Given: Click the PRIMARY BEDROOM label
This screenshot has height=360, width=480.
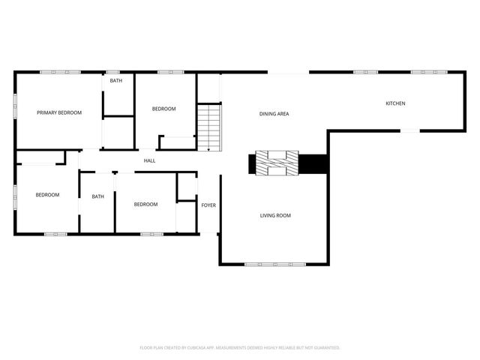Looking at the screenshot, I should (59, 112).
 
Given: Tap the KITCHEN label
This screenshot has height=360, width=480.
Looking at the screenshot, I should (395, 103).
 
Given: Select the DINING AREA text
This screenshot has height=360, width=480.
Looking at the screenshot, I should (274, 114).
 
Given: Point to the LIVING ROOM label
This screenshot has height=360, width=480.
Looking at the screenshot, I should (275, 216).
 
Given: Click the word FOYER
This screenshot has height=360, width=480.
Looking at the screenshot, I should (208, 205).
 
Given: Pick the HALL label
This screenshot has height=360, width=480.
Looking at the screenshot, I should (150, 160).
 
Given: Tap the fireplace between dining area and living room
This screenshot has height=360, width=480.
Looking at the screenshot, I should (277, 163).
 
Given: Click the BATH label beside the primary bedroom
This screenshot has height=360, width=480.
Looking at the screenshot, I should (116, 81).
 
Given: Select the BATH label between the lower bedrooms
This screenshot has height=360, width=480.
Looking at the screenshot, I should (98, 197).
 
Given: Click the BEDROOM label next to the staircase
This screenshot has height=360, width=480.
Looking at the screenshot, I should (163, 109).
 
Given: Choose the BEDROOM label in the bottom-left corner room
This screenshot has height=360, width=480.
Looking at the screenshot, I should (47, 195).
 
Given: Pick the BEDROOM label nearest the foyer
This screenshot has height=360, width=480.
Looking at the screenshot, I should (145, 205).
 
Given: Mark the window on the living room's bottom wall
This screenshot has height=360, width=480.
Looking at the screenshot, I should (274, 264).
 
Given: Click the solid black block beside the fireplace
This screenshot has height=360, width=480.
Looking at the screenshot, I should (313, 163).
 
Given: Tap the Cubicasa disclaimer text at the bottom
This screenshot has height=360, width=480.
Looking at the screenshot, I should (240, 348).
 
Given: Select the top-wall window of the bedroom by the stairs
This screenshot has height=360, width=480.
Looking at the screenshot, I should (166, 72).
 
